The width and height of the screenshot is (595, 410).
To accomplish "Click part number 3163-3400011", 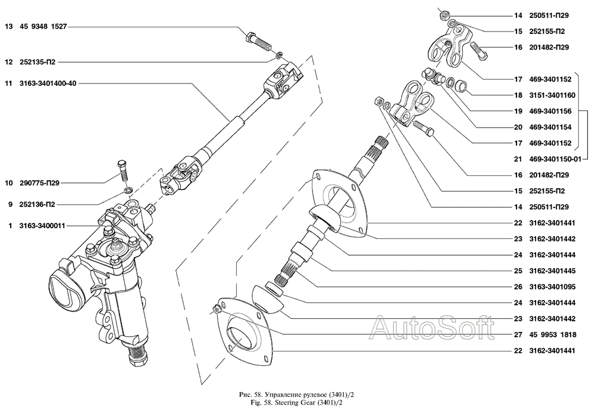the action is click(x=42, y=226).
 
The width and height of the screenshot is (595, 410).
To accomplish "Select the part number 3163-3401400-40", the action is click(x=48, y=83).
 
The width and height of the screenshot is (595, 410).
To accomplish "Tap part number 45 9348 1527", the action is click(x=43, y=27).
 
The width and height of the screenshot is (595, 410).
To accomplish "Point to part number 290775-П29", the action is click(x=39, y=183).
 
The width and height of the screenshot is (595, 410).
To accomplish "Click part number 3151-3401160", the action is click(x=552, y=95).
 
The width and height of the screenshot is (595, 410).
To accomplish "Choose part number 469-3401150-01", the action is click(x=555, y=159).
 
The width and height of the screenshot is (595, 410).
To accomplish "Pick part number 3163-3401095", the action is click(x=552, y=287).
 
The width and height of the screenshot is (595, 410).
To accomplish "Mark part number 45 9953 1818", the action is click(x=553, y=335).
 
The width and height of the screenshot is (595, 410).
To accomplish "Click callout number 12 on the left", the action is click(x=9, y=62).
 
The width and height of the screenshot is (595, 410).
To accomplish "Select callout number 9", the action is click(x=10, y=205).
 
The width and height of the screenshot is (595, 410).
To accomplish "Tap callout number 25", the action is click(x=518, y=271).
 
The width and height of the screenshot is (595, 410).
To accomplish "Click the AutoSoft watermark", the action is click(x=432, y=328).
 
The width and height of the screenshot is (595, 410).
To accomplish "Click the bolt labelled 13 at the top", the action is click(x=258, y=42).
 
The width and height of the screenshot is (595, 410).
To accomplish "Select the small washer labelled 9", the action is click(x=129, y=189).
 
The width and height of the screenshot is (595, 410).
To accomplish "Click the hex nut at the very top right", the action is click(x=444, y=16).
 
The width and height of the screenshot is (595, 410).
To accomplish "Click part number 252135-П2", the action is click(x=37, y=62).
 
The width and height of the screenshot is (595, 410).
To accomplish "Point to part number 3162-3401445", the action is click(x=552, y=271).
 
